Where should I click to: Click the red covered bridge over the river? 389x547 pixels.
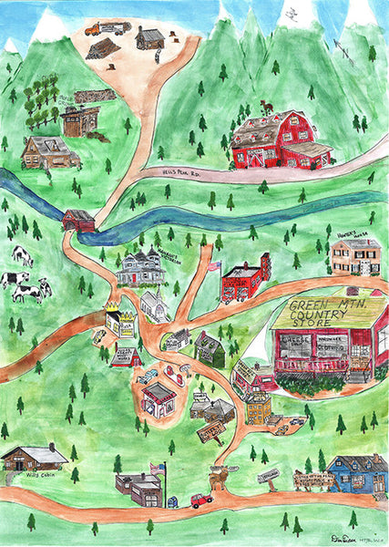click(x=79, y=221)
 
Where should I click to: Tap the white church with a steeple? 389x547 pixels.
click(x=153, y=304)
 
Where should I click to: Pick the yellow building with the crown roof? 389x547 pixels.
click(x=118, y=321)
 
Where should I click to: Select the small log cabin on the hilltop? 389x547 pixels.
click(x=150, y=38)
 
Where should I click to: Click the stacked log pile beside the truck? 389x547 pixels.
click(x=102, y=48)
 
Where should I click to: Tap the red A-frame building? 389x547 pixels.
click(x=126, y=356)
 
